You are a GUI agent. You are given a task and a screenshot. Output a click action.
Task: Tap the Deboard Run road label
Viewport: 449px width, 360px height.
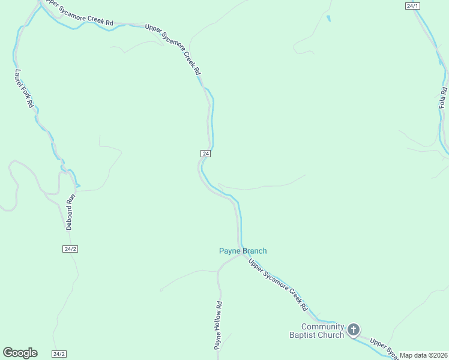(x=70, y=212)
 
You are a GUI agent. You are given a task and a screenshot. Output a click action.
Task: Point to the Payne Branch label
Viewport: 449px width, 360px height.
(x=243, y=251)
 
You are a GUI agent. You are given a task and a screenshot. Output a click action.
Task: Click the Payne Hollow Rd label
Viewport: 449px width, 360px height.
(x=218, y=325)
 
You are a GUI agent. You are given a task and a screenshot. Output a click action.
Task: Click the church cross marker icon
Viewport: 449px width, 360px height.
(x=354, y=329)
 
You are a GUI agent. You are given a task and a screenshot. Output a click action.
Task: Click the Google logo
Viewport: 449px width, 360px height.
(x=20, y=353)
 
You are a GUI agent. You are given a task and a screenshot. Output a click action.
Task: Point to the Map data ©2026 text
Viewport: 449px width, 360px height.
(x=423, y=355)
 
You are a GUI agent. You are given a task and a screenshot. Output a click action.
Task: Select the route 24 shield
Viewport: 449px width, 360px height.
(x=206, y=154)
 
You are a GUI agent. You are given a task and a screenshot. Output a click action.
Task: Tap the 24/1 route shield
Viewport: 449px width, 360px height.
(x=412, y=6)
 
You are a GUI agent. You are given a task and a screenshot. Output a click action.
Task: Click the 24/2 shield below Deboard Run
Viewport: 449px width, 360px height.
(x=70, y=248)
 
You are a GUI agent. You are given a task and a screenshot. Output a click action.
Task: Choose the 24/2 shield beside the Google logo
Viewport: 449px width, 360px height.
(x=59, y=354)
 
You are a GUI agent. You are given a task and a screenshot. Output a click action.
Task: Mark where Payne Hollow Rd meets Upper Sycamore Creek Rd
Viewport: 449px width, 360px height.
(x=243, y=256)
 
